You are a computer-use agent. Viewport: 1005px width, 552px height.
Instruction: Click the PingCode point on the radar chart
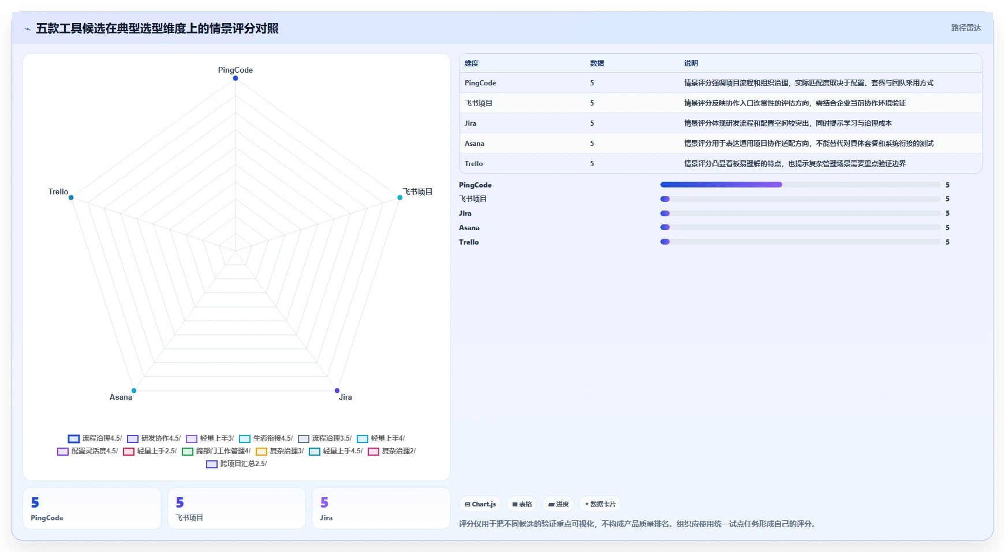236,78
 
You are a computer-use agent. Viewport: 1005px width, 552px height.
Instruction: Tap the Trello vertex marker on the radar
71,198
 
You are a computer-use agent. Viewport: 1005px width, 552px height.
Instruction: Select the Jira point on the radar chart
337,391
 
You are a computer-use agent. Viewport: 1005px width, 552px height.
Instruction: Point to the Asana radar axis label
121,397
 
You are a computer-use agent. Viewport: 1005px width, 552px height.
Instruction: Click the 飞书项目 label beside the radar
417,191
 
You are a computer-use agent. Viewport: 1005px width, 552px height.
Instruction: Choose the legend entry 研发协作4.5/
154,438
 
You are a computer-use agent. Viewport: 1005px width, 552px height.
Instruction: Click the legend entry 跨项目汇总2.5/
237,464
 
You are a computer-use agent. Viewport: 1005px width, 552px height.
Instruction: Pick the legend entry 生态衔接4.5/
266,438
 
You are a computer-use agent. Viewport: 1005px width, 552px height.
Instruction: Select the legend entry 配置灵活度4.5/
88,451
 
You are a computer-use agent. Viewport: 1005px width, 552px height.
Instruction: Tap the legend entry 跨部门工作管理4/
216,451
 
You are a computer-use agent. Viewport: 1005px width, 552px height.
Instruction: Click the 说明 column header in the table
691,63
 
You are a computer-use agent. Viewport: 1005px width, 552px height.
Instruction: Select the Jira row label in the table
470,123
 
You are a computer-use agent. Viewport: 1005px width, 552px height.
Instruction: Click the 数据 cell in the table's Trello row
592,164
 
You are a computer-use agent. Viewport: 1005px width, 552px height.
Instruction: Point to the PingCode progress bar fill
721,185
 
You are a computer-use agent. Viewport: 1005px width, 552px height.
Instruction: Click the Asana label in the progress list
469,228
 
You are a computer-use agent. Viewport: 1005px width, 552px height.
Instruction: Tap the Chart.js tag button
480,504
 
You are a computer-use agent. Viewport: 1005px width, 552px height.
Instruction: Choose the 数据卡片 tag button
600,504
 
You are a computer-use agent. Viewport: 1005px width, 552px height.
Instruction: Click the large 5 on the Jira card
324,503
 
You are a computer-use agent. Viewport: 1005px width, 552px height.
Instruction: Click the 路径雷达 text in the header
966,28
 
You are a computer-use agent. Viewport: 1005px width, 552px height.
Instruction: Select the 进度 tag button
559,504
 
